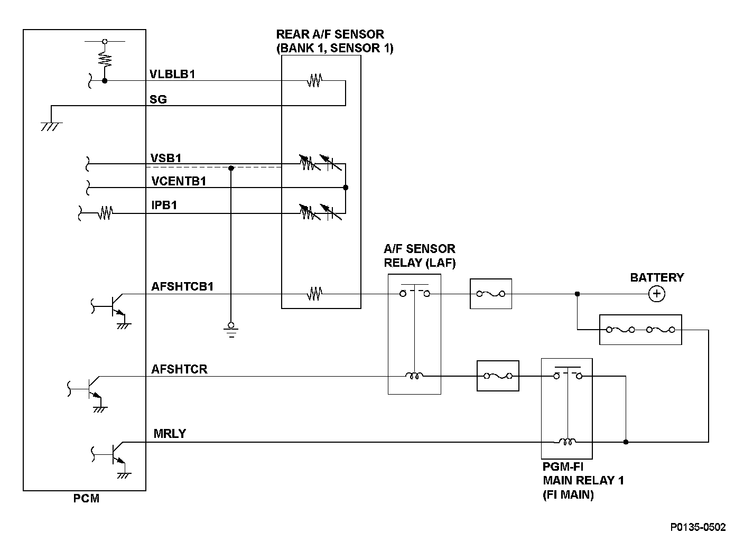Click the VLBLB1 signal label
point(172,74)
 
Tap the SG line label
point(158,99)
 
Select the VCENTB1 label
point(179,181)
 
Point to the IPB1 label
point(164,205)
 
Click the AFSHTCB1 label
point(182,286)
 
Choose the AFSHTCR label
point(179,369)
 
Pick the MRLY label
point(170,433)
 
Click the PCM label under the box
point(86,498)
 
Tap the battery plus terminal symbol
point(657,294)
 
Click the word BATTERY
point(657,277)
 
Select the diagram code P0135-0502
point(698,527)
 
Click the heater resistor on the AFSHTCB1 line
point(314,294)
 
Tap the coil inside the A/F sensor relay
point(414,376)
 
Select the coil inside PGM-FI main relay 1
point(568,442)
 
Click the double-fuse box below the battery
point(640,330)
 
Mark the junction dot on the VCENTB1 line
point(346,188)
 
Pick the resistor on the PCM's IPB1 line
point(105,213)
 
